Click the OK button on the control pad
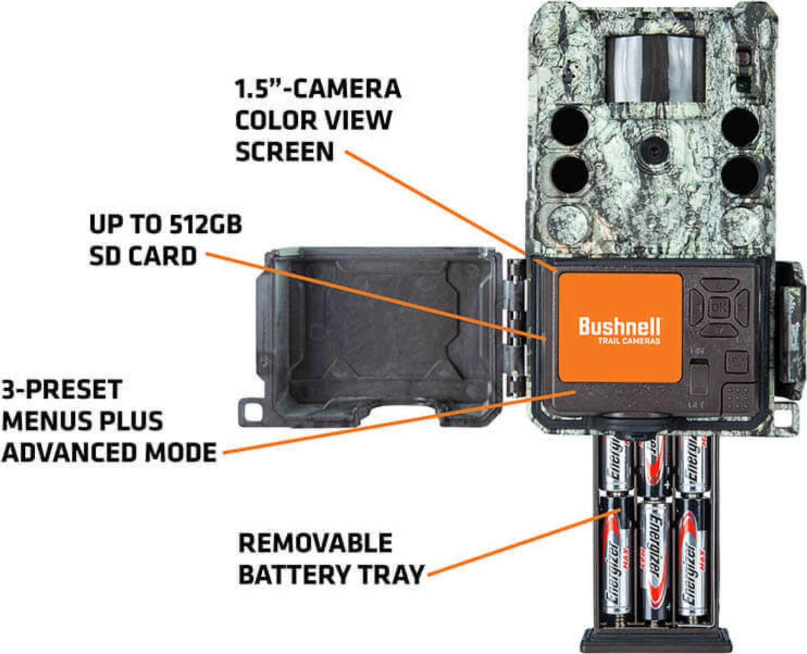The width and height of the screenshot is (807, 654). [716, 306]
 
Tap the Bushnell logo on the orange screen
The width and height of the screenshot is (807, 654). [620, 327]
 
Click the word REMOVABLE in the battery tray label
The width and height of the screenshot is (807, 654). [315, 543]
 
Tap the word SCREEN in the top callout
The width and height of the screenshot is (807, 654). [285, 152]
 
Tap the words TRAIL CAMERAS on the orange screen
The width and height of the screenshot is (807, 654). [629, 341]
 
